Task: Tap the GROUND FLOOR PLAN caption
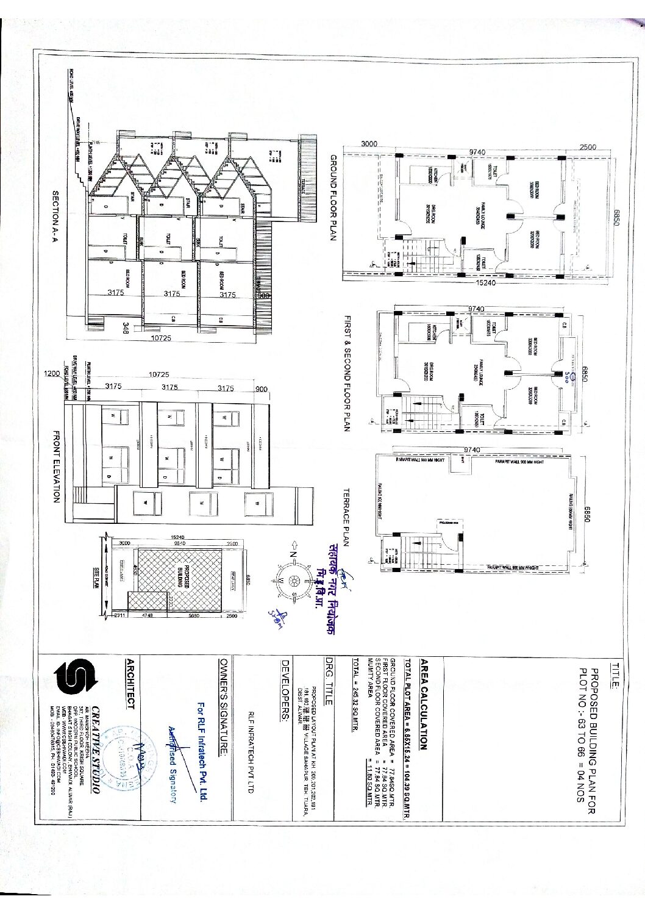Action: click(x=333, y=198)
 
